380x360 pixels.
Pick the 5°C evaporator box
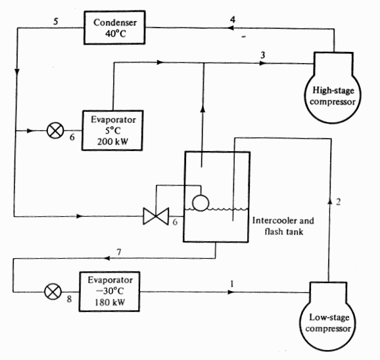110,129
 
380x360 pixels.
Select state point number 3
262,56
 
